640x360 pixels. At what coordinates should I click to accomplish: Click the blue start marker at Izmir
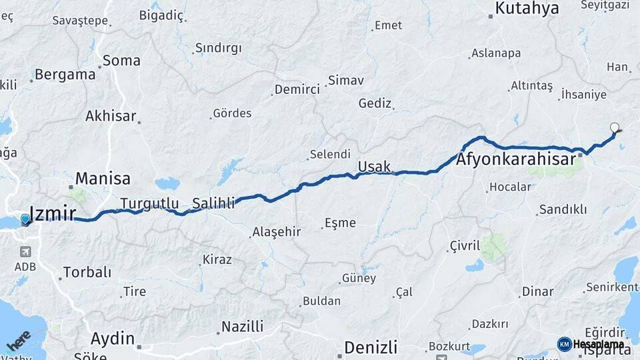(x=25, y=219)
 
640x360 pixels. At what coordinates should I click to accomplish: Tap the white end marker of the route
(x=615, y=127)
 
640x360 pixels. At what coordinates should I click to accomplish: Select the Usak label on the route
(x=374, y=166)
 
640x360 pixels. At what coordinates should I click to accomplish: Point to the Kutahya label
(x=527, y=9)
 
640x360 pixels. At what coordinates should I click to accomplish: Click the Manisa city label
(x=103, y=179)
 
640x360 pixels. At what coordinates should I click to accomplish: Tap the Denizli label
(x=371, y=347)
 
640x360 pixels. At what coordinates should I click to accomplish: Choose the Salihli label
(x=213, y=203)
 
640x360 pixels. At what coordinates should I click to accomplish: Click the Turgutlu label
(x=149, y=203)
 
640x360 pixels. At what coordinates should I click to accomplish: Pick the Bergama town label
(x=65, y=75)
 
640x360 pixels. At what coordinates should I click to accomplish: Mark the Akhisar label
(x=111, y=116)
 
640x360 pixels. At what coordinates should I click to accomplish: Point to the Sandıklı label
(x=563, y=209)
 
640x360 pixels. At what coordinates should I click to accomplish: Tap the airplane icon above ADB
(x=25, y=252)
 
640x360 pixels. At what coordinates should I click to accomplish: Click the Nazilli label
(x=242, y=327)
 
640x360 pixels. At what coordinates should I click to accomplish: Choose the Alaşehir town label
(x=276, y=233)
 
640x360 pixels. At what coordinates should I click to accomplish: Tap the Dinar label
(x=538, y=291)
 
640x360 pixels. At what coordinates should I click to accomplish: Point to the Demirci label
(x=298, y=90)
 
